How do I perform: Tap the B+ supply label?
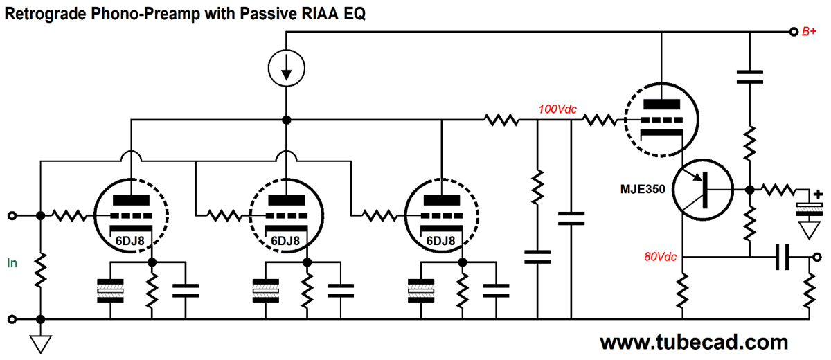[809, 32]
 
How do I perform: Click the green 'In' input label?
[12, 263]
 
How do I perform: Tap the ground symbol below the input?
[41, 343]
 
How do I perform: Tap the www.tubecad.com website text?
[693, 342]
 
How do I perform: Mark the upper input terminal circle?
[12, 216]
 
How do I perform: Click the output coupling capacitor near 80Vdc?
[783, 258]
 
